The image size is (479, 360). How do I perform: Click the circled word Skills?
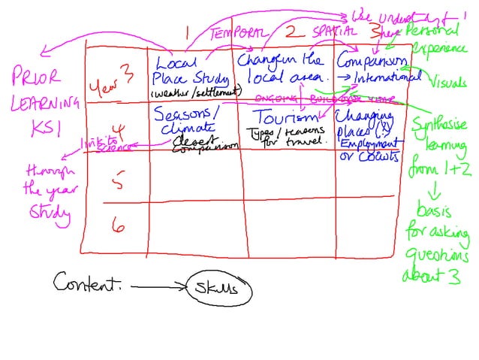[x=219, y=289]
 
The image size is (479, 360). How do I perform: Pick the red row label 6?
[x=117, y=225]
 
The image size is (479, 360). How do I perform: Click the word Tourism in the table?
[x=282, y=118]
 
